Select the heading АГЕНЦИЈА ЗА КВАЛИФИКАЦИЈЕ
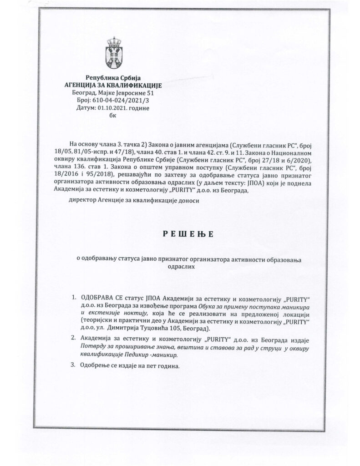click(x=113, y=85)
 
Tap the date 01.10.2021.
click(x=112, y=108)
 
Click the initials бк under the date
click(x=113, y=116)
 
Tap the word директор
click(x=82, y=200)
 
